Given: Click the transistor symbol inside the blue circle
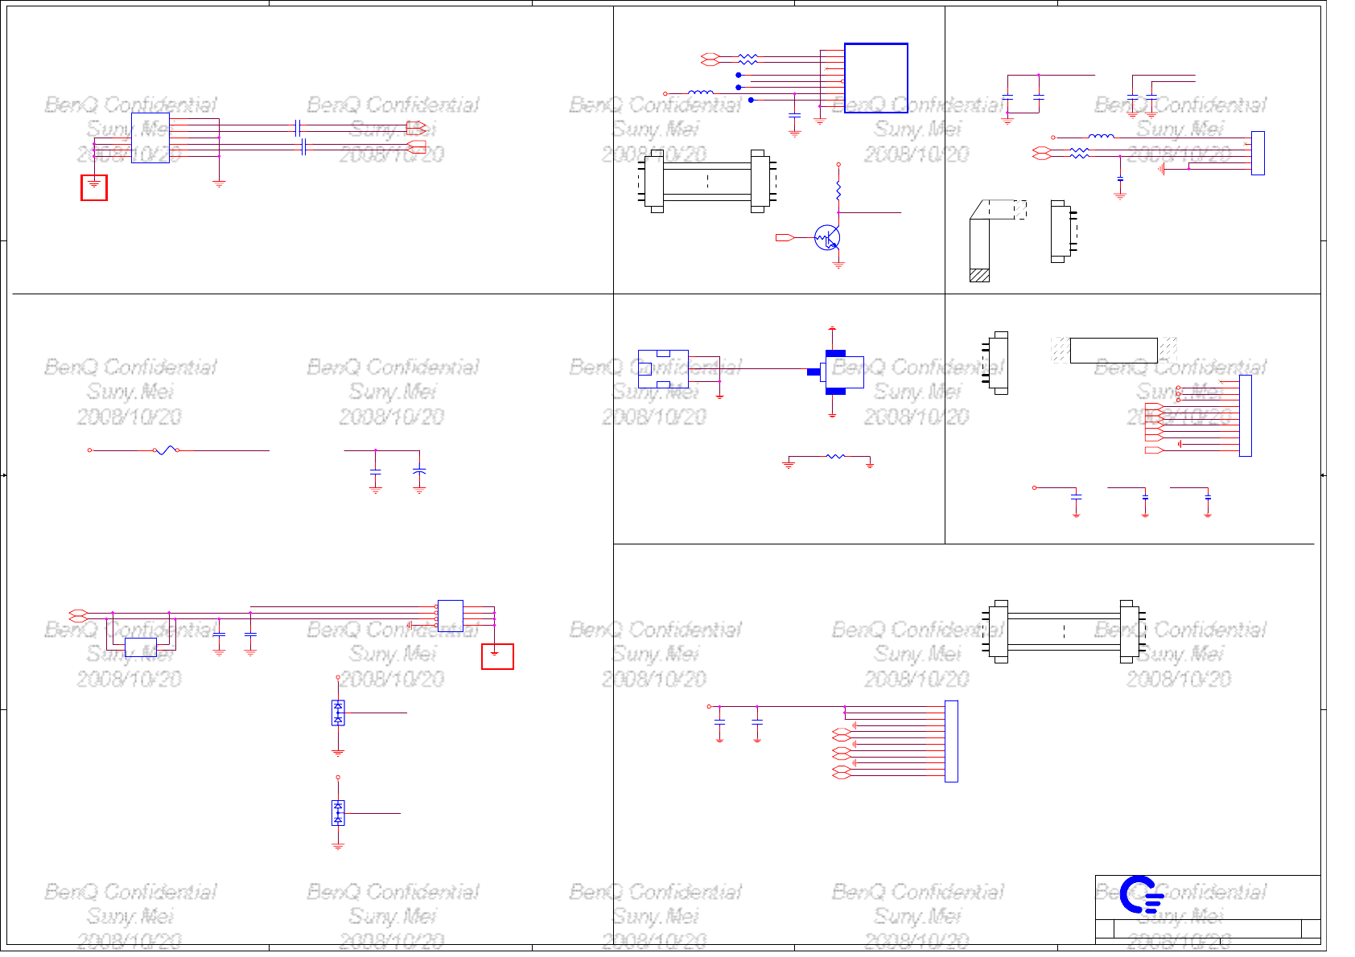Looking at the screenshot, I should click(x=827, y=238).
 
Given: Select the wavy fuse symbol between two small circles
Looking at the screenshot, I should click(x=166, y=450).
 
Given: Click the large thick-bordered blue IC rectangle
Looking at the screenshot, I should click(x=875, y=78).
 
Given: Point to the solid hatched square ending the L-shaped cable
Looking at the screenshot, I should click(x=979, y=275).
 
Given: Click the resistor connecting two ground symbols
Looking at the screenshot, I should click(x=835, y=457).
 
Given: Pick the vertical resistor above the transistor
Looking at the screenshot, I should click(x=838, y=191).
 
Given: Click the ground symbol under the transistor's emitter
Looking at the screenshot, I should click(x=838, y=264).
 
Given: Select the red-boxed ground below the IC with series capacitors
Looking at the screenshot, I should click(x=94, y=187).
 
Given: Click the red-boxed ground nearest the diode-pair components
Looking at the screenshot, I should click(x=497, y=656).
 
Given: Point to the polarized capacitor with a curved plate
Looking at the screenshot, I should click(x=419, y=472).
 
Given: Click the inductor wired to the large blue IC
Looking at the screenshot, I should click(x=701, y=93).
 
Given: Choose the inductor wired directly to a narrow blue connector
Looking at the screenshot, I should click(x=1101, y=137).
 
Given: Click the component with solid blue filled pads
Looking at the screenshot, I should click(x=836, y=372).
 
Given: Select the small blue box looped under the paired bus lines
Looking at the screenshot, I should click(x=141, y=647).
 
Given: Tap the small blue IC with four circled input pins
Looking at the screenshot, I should click(x=450, y=615).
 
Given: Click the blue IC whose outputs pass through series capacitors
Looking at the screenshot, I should click(x=150, y=138).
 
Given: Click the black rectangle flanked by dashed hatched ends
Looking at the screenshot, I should click(x=1114, y=351).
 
